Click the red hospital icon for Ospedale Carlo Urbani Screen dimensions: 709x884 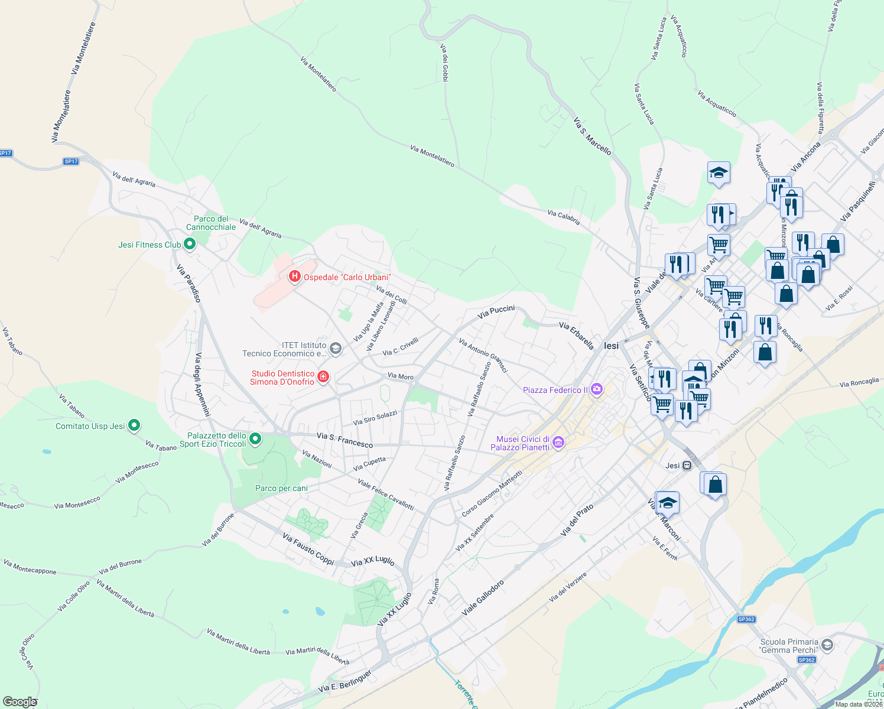[x=294, y=277]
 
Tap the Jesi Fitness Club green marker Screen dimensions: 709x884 [x=190, y=244]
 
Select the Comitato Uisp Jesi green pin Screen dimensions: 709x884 [x=134, y=425]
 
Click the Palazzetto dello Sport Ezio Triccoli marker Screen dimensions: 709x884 [x=255, y=438]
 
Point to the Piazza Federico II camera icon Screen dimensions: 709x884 [x=597, y=389]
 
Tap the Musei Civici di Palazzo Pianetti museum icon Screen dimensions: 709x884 [x=558, y=443]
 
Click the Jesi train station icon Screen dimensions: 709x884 [x=687, y=466]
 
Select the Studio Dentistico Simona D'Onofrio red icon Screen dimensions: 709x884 [x=323, y=377]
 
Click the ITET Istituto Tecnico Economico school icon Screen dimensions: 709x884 [x=335, y=349]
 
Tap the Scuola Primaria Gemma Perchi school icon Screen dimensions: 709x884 [x=827, y=645]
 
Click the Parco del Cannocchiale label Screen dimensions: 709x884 [x=211, y=223]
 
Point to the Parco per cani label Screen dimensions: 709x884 [x=281, y=488]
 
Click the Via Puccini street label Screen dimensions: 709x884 [x=496, y=312]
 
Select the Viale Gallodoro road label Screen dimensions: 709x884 [x=483, y=598]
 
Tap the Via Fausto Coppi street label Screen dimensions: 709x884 [x=308, y=548]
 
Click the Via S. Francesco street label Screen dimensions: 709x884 [x=344, y=440]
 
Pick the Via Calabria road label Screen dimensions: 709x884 [x=563, y=217]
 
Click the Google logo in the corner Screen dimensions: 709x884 [x=19, y=702]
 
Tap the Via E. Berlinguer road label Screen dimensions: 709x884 [x=345, y=681]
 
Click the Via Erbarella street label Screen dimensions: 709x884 [x=576, y=335]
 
